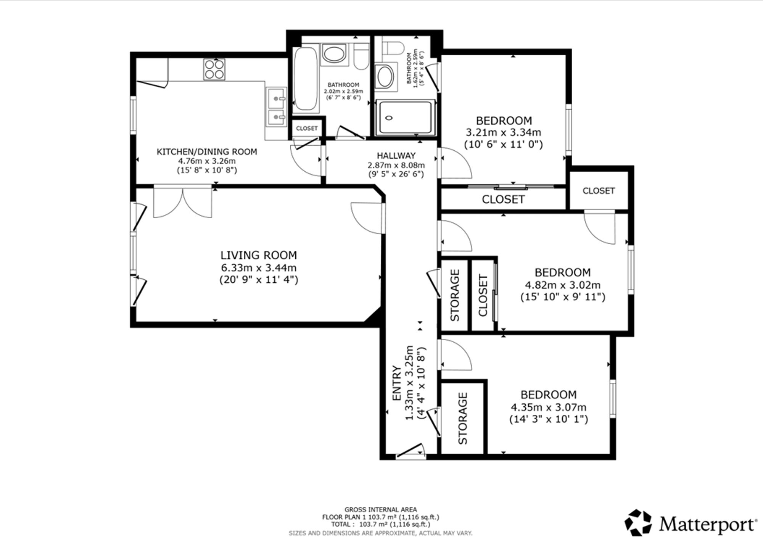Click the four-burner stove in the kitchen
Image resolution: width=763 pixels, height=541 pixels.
click(214, 69)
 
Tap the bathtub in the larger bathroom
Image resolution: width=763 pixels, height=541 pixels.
click(306, 79)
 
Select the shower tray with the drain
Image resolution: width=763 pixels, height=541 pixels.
click(405, 118)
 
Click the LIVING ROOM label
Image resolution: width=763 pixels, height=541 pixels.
click(259, 255)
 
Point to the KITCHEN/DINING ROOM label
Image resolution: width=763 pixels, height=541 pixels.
click(207, 151)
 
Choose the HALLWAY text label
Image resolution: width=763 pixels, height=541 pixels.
click(396, 156)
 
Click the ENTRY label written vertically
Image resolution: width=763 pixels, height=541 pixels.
click(397, 383)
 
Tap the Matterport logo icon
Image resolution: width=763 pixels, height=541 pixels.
click(638, 523)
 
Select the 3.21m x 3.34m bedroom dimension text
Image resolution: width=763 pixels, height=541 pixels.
click(504, 133)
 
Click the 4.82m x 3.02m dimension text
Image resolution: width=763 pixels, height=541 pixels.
click(563, 285)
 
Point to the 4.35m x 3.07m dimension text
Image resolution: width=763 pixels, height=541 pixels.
click(549, 407)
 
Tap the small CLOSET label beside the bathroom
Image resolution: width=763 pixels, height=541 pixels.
click(307, 128)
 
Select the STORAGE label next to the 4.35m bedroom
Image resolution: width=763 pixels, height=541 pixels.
click(462, 419)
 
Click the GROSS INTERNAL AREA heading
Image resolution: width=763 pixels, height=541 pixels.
click(381, 509)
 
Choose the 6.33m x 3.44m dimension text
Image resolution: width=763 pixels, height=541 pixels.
click(259, 268)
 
